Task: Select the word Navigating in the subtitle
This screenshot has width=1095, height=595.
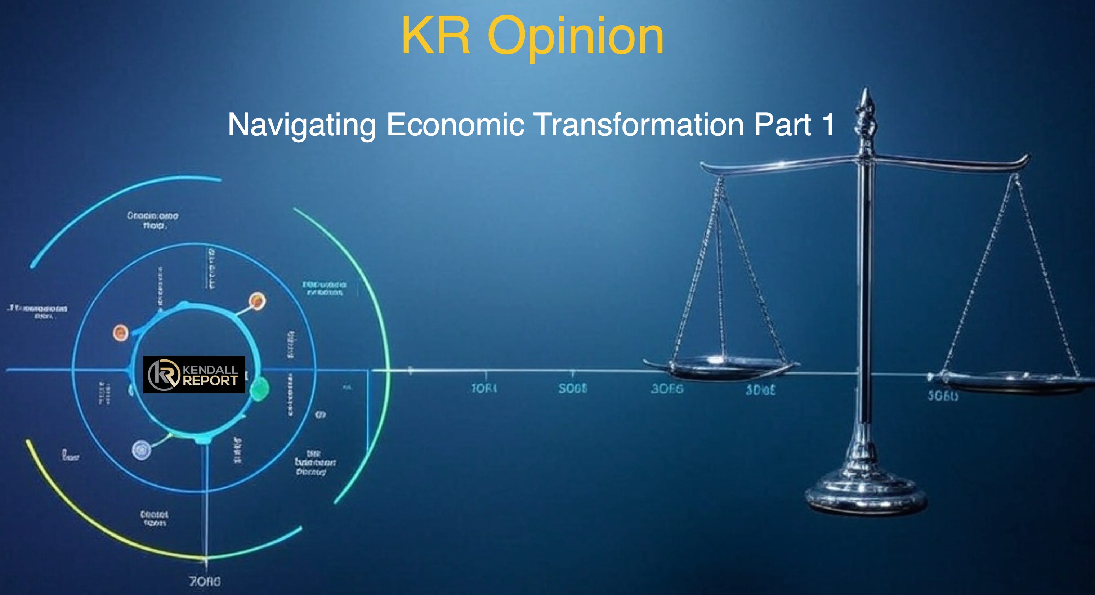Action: (x=302, y=125)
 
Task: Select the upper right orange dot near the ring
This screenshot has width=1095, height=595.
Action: (x=257, y=301)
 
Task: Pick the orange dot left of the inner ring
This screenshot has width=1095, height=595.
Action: (x=120, y=332)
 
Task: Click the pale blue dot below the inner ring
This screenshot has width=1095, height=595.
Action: (x=141, y=449)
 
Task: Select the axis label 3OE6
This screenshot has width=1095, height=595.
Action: (x=667, y=389)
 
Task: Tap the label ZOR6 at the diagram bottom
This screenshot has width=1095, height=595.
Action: (x=205, y=581)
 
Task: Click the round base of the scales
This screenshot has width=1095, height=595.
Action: (x=866, y=495)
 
